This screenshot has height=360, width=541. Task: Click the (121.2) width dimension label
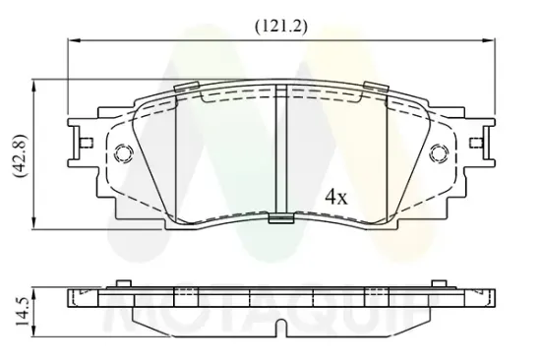281,27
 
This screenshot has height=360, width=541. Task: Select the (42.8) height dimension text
20,155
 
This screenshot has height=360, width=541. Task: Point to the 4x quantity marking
336,198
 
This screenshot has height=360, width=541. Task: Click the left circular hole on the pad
123,152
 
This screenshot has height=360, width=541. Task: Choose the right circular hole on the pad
440,152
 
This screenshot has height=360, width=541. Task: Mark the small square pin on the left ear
87,143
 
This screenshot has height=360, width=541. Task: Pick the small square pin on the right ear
476,143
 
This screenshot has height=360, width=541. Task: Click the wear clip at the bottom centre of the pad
281,218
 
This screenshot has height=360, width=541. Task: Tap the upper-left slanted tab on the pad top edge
186,87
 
